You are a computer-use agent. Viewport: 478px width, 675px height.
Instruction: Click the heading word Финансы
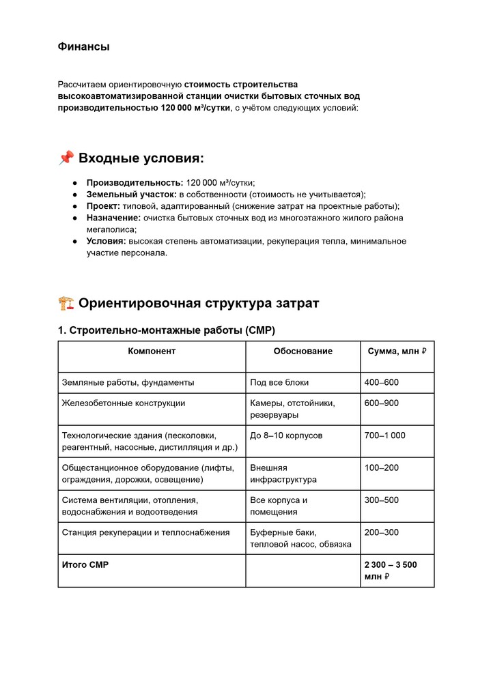coord(83,46)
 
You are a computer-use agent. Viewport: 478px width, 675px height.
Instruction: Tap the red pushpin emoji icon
coord(66,158)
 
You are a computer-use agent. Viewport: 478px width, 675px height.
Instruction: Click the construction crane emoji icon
coord(66,303)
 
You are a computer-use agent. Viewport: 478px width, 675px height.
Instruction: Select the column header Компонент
coord(152,351)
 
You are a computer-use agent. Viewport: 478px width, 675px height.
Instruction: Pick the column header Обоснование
coord(303,351)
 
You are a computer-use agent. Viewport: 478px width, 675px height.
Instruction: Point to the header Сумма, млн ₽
coord(397,351)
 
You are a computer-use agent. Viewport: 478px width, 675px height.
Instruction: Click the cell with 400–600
coord(381,382)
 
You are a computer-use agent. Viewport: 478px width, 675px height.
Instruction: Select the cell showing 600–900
coord(381,403)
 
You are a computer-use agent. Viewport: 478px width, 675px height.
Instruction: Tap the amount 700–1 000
coord(384,435)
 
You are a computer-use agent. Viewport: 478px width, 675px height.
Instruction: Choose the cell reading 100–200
coord(381,468)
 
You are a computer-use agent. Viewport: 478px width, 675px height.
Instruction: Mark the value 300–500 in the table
coord(381,500)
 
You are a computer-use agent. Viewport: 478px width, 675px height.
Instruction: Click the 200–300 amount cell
coord(381,532)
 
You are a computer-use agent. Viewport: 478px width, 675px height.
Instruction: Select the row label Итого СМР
coord(85,564)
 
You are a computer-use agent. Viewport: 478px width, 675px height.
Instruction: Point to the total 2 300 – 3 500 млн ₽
coord(390,571)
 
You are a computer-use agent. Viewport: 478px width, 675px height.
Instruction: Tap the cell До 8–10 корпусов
coord(286,435)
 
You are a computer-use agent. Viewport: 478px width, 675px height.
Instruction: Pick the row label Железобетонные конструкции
coord(124,403)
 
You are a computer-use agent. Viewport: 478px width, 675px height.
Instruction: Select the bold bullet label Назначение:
coord(113,218)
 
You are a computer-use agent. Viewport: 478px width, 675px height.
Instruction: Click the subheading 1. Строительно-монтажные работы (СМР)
coord(166,330)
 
